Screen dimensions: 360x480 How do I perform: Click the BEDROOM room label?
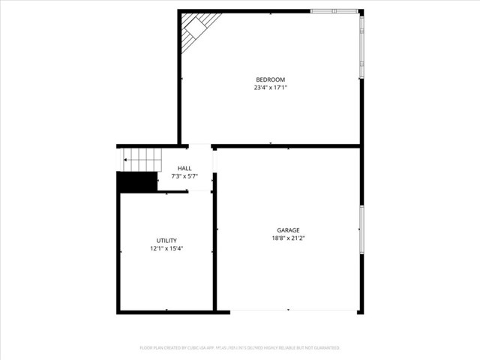[270, 79]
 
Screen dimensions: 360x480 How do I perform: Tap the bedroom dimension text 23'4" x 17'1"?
[270, 88]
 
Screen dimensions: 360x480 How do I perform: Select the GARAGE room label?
[288, 230]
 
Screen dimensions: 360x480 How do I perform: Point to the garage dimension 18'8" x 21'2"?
[288, 238]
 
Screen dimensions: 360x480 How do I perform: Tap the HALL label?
[184, 168]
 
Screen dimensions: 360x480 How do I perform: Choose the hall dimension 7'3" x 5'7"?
[184, 176]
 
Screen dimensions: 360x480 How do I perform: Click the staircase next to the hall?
[142, 160]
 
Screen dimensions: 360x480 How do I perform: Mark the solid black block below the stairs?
[136, 182]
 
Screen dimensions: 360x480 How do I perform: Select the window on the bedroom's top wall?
[334, 11]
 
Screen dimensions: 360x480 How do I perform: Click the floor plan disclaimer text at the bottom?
[240, 348]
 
